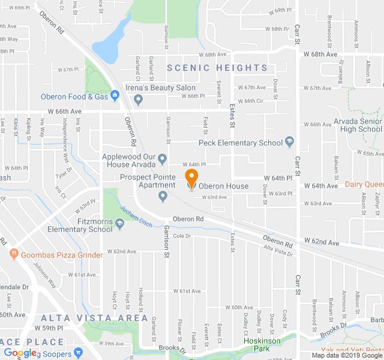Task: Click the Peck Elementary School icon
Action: (289, 143)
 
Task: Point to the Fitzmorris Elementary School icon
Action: (119, 224)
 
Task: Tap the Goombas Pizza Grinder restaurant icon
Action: (13, 255)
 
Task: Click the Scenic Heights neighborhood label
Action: (217, 68)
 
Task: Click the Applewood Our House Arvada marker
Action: (162, 160)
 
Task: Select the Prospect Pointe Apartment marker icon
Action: (163, 196)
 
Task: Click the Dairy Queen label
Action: (364, 185)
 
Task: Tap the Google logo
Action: (20, 353)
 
